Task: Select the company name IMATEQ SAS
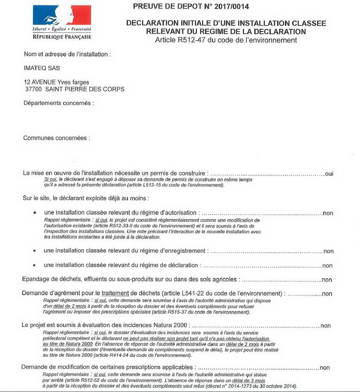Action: [x=42, y=68]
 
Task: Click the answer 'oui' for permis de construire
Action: [x=329, y=174]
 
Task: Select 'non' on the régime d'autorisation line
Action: [x=328, y=213]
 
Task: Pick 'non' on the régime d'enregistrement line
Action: [x=328, y=251]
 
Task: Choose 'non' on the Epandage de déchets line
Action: [x=327, y=280]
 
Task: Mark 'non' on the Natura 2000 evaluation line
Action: [x=325, y=326]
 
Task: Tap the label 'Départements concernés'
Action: [x=59, y=103]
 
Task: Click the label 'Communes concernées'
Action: [x=56, y=138]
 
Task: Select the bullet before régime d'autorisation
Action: [x=34, y=213]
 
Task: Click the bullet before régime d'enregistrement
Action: [x=34, y=250]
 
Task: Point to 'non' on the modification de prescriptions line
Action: [x=324, y=368]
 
